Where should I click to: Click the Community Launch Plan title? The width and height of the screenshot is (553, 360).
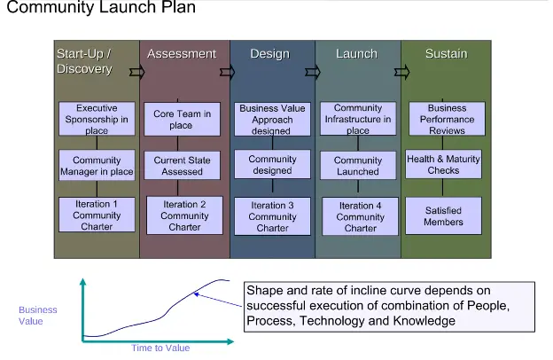pos(102,10)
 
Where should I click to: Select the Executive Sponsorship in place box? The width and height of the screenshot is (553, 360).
pos(97,119)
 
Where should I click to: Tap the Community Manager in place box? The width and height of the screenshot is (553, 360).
pos(97,166)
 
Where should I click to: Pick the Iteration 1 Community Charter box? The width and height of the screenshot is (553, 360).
pos(97,215)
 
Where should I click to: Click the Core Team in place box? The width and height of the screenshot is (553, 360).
pos(182,120)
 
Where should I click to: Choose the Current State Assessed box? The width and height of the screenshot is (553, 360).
pos(182,166)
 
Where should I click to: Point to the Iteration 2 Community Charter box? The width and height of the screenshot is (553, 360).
pos(185,215)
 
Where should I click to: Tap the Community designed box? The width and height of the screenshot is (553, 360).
pos(272,165)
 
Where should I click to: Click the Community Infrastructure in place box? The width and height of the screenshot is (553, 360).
pos(358,120)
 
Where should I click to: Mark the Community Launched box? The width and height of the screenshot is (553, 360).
pos(358,166)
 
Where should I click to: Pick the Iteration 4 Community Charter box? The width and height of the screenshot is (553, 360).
pos(361,216)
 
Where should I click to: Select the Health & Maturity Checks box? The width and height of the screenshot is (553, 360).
pos(444,165)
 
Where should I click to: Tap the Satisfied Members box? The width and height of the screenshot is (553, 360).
pos(444,216)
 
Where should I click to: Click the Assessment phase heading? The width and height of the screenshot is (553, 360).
pos(182,54)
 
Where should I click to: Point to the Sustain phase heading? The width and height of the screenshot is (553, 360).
pos(446,54)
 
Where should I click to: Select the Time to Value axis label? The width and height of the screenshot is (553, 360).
pos(160,348)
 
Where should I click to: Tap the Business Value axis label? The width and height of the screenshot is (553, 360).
pos(38,316)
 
